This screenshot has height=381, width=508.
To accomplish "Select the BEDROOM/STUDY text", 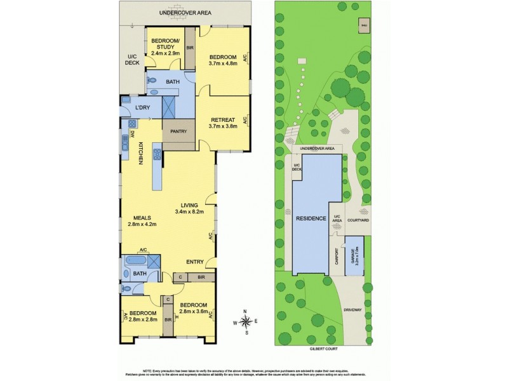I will (165, 44).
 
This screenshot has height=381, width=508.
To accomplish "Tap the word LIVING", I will (190, 204).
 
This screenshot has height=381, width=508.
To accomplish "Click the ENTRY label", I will (195, 262).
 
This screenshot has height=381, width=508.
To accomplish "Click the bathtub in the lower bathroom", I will (135, 261).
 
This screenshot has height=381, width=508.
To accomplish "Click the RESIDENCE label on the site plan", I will (311, 218).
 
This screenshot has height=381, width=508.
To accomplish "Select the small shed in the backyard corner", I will (364, 25).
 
